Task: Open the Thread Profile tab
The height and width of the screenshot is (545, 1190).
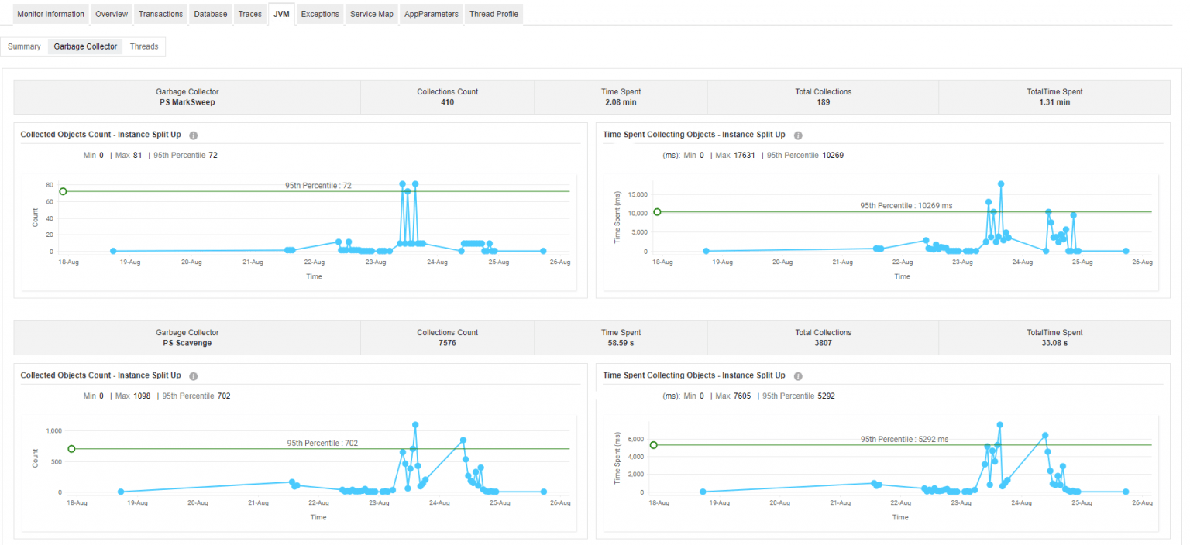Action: tap(494, 14)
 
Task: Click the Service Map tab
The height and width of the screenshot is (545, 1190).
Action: tap(371, 14)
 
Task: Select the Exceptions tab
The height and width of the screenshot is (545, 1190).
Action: tap(320, 14)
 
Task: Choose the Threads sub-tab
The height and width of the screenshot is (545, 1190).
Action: tap(144, 46)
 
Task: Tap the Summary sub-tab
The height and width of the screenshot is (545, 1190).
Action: tap(24, 46)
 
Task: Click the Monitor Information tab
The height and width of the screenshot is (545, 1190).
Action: tap(50, 14)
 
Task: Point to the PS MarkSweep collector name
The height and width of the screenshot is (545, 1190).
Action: tap(187, 102)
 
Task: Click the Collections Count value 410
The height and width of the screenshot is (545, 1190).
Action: tap(447, 102)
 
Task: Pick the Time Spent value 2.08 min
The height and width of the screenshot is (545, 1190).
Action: tap(621, 102)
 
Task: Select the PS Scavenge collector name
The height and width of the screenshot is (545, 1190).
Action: tap(187, 343)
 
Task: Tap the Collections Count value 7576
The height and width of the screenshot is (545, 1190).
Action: tap(447, 343)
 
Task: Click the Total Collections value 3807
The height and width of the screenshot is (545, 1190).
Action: tap(823, 343)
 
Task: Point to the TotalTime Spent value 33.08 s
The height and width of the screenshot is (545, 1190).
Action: tap(1054, 343)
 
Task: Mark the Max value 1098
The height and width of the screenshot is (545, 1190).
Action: tap(142, 396)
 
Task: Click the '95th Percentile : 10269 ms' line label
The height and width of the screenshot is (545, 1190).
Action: tap(906, 206)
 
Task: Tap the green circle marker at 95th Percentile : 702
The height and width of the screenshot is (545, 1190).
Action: tap(71, 448)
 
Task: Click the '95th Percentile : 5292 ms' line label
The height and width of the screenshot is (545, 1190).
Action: tap(904, 439)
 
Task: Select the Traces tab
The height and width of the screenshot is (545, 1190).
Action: tap(249, 14)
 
